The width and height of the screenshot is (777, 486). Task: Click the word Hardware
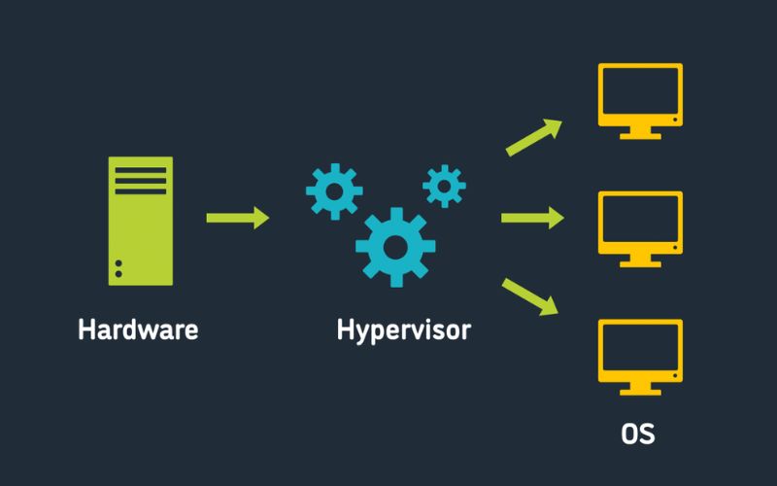138,330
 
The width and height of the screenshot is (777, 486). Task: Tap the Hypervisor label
403,330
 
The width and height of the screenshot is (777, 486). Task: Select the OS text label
638,434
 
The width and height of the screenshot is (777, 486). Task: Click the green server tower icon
141,221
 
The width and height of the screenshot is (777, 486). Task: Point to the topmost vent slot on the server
141,170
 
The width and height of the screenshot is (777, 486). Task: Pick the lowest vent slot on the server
141,191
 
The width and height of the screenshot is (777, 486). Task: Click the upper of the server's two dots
118,263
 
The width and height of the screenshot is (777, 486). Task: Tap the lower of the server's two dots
118,274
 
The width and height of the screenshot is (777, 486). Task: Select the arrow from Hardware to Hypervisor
237,218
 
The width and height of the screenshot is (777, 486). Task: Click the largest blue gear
394,247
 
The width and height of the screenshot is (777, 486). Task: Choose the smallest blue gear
444,185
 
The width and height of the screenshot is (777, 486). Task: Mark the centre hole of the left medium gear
334,191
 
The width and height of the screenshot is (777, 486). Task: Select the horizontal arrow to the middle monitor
532,218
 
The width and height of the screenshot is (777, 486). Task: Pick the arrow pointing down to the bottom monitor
532,296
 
